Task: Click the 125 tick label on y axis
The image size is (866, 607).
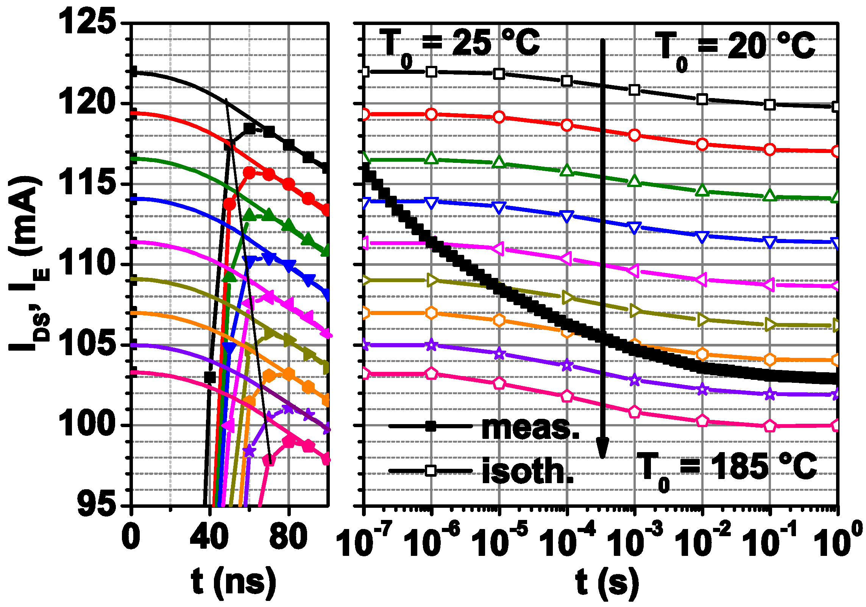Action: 87,22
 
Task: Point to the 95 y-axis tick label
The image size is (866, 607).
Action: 96,505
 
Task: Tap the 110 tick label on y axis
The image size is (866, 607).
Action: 87,264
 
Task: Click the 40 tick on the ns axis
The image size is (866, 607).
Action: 209,537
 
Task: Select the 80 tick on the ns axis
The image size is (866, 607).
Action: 289,537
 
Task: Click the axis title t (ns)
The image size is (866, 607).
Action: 233,582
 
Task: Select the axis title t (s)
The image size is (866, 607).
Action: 607,582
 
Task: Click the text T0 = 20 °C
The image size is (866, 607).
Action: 735,47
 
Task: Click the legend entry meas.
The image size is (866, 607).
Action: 530,428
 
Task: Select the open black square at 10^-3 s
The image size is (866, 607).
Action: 634,90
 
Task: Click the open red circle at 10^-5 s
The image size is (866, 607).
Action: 499,117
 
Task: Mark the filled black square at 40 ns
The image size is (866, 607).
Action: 210,377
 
